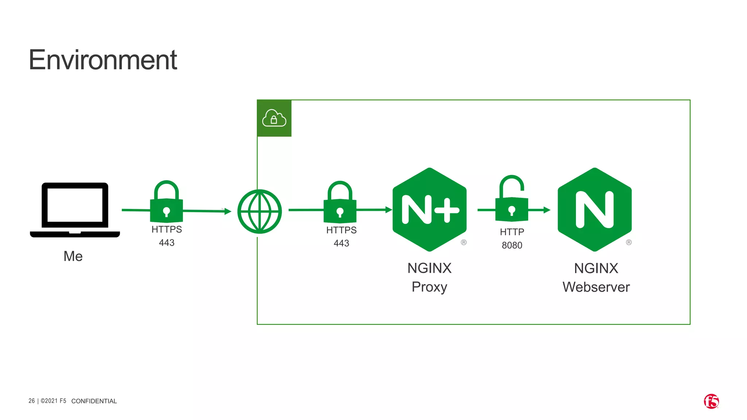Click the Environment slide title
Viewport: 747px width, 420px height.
tap(102, 60)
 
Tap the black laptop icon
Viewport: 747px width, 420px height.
tap(75, 210)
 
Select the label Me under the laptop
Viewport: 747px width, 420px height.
tap(73, 256)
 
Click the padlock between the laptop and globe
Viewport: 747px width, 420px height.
tap(166, 202)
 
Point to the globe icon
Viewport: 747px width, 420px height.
tap(259, 211)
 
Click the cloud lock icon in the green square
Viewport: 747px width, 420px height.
tap(274, 118)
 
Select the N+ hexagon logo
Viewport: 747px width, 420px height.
tap(429, 210)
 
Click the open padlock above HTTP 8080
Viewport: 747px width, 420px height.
tap(512, 199)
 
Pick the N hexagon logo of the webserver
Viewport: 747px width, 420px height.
tap(595, 210)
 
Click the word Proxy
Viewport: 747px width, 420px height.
tap(429, 287)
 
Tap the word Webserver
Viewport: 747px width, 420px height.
tap(596, 287)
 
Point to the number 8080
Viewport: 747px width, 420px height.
tap(512, 245)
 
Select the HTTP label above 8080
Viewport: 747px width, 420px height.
tap(512, 232)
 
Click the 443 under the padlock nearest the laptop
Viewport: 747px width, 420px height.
tap(167, 243)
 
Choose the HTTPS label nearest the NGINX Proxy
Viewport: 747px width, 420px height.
tap(341, 230)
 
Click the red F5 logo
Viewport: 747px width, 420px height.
tap(711, 401)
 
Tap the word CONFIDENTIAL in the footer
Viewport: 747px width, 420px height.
tap(94, 401)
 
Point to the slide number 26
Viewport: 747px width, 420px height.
tap(32, 401)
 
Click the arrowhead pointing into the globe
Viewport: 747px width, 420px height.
tap(228, 211)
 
